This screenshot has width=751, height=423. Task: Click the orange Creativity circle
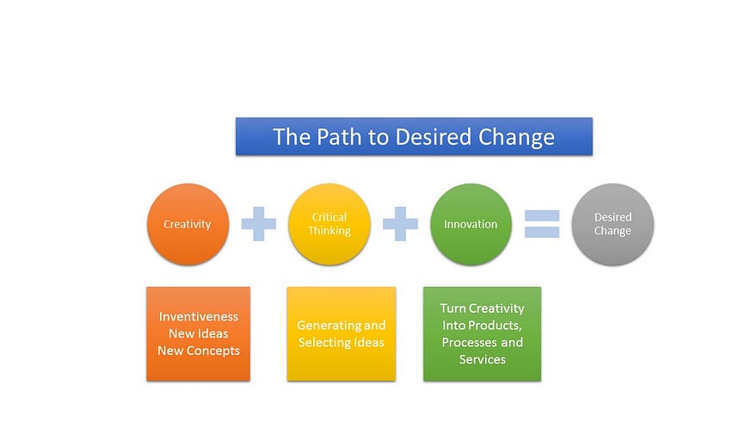[x=188, y=224]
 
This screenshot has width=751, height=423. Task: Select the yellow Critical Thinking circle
[x=329, y=224]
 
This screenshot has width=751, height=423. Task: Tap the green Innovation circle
[x=471, y=224]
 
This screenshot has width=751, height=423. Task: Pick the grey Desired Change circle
[x=612, y=224]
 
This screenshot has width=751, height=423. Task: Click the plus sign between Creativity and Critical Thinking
[x=259, y=223]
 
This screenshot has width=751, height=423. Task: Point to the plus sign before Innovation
[x=400, y=223]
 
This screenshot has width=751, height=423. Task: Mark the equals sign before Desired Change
[x=542, y=224]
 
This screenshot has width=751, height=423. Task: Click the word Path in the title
[x=340, y=137]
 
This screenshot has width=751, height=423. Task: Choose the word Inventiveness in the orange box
[x=198, y=316]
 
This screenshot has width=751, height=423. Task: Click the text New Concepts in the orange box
[x=199, y=351]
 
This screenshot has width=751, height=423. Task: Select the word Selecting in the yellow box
[x=320, y=342]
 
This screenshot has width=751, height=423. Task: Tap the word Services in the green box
[x=483, y=359]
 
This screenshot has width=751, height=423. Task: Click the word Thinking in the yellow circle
[x=329, y=231]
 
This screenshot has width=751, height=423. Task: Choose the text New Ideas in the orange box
[x=198, y=333]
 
